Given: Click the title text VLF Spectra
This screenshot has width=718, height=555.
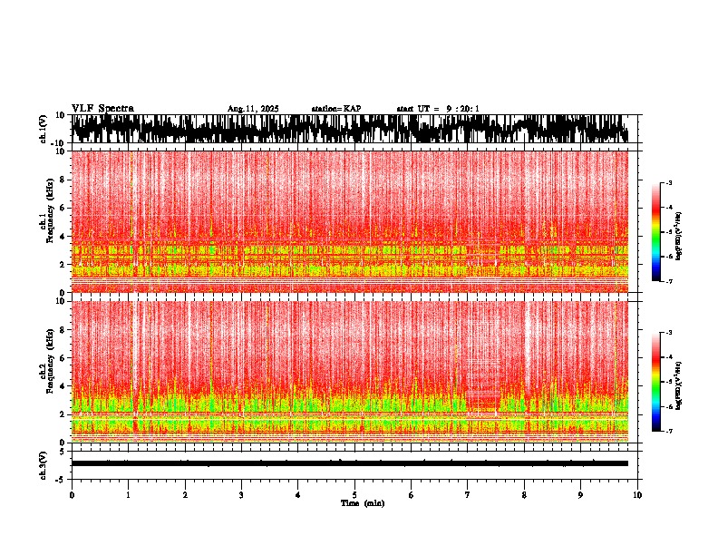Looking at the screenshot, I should pos(102,109).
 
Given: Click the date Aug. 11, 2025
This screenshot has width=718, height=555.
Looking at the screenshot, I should pos(253,109).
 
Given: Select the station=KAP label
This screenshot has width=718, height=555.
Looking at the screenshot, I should pos(336,109).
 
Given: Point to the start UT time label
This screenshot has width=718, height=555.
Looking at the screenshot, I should pos(438,109).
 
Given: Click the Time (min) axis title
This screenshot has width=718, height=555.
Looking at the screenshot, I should pos(362,503).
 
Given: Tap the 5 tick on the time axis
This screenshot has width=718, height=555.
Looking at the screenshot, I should pos(354,495).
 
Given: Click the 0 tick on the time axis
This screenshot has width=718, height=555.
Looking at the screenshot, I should pos(72,495).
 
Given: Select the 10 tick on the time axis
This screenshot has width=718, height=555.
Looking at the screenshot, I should pos(637,495).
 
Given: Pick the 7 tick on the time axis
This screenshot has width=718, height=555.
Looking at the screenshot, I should pos(468,495).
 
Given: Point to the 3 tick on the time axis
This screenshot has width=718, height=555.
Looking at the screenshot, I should pos(241,495).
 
